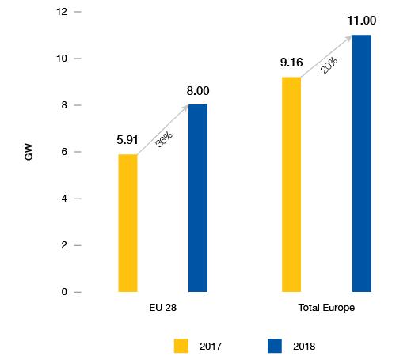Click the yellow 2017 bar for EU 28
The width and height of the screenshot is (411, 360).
(x=127, y=223)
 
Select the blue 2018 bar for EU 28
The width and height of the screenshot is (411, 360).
(x=198, y=198)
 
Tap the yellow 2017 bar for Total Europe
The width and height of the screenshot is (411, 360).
(x=291, y=184)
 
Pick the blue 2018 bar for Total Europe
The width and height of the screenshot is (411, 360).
(x=361, y=163)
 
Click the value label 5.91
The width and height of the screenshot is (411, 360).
(x=127, y=140)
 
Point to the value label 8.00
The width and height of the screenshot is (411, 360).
(x=198, y=91)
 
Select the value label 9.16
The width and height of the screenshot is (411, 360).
(x=291, y=63)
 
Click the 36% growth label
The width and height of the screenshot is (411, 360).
(x=164, y=140)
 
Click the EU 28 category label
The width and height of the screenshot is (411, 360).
(x=162, y=307)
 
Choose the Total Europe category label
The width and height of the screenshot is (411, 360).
(x=325, y=307)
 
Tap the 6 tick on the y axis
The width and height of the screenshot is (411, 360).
(x=65, y=153)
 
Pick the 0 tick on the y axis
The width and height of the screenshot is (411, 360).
(x=65, y=292)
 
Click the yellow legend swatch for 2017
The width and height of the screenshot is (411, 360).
(x=181, y=345)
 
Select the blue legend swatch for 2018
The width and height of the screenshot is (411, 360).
(x=275, y=345)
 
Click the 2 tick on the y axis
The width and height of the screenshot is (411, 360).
(x=65, y=246)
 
